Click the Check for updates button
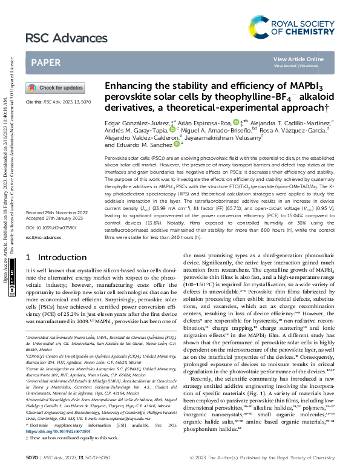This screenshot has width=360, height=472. [x=55, y=88]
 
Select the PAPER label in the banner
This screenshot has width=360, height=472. [x=45, y=62]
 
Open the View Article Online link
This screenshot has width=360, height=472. [x=298, y=59]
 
